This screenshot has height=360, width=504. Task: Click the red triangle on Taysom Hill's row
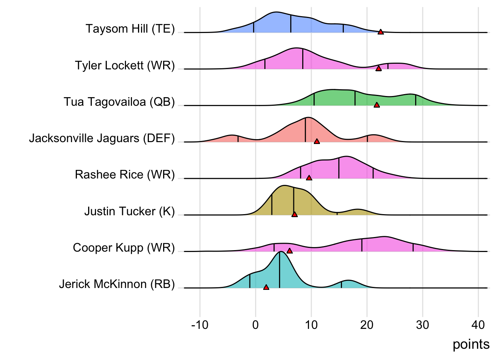pyautogui.click(x=381, y=32)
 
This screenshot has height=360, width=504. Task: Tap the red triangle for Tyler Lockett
pyautogui.click(x=379, y=69)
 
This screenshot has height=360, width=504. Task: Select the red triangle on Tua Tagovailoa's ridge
pyautogui.click(x=377, y=105)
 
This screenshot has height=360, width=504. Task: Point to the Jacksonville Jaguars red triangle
pyautogui.click(x=317, y=141)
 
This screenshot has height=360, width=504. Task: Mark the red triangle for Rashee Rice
pyautogui.click(x=309, y=178)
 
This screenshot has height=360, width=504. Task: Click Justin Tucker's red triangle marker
pyautogui.click(x=294, y=214)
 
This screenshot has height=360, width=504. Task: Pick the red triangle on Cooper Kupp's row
pyautogui.click(x=289, y=251)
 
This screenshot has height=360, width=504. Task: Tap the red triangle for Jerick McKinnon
pyautogui.click(x=266, y=288)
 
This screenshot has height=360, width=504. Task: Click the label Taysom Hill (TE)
pyautogui.click(x=130, y=29)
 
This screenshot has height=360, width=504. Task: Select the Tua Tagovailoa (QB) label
pyautogui.click(x=119, y=102)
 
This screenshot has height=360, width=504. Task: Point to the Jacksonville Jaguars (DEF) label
pyautogui.click(x=102, y=138)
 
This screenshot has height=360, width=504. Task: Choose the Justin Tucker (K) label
pyautogui.click(x=129, y=211)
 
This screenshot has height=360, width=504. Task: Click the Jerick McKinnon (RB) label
pyautogui.click(x=117, y=284)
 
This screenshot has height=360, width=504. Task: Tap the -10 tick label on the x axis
pyautogui.click(x=199, y=325)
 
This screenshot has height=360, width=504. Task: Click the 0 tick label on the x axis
pyautogui.click(x=255, y=325)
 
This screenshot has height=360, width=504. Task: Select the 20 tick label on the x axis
pyautogui.click(x=367, y=325)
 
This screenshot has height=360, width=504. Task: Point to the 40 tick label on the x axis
pyautogui.click(x=478, y=325)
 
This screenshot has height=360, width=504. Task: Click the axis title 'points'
pyautogui.click(x=471, y=344)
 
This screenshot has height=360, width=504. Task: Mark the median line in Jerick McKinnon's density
pyautogui.click(x=279, y=270)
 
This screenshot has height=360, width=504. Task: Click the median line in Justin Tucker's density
pyautogui.click(x=294, y=201)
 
